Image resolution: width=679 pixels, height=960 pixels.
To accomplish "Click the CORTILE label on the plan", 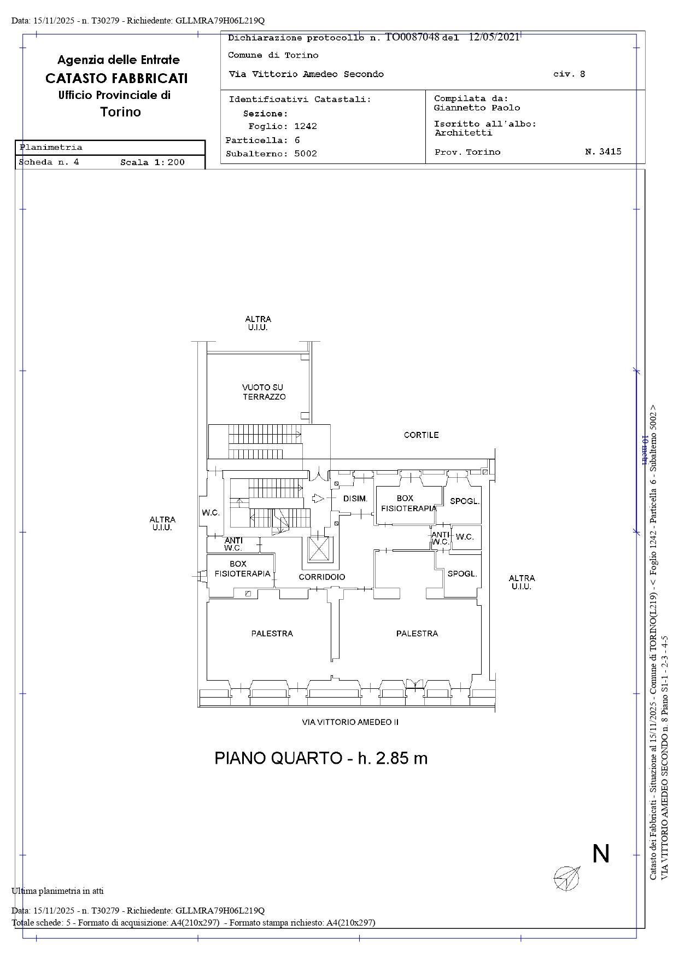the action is pos(421,435).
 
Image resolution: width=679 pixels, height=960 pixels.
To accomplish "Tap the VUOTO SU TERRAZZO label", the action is pos(264,392).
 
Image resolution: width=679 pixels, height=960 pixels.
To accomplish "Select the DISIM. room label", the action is pos(355,499).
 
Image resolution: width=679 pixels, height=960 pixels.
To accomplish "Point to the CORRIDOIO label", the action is pos(322,577).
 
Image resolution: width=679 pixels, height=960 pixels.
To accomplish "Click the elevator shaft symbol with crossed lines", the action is pos(319,550).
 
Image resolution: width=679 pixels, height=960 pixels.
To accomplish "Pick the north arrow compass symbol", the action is pos(567,878).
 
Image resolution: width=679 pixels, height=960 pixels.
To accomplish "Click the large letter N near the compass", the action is pos(601,853).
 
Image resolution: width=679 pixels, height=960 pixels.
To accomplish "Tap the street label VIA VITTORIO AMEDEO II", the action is pos(350,722).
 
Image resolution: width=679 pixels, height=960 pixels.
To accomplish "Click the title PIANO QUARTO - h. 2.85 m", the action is pos(321,758).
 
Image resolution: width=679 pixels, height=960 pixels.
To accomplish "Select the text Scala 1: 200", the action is pos(153,162).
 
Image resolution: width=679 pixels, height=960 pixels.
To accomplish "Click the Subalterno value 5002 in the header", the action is pos(306,154).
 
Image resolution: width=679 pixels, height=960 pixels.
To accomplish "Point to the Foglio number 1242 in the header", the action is pos(306,126).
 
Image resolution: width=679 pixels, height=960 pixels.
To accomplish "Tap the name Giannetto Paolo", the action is pos(477,108).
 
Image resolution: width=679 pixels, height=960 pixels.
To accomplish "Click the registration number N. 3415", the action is pos(603,151).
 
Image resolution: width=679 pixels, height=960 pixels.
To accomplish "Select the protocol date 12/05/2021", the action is pos(494,37).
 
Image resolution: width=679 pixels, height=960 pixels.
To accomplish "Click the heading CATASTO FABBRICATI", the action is pos(116,78).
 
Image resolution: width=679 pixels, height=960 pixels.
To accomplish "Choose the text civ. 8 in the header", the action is pos(569,74).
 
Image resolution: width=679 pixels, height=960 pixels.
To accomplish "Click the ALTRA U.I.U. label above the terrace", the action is pos(258,323).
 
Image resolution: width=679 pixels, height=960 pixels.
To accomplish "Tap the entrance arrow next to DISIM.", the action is pos(318,499).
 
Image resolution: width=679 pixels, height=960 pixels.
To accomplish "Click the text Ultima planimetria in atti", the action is pos(57,891).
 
